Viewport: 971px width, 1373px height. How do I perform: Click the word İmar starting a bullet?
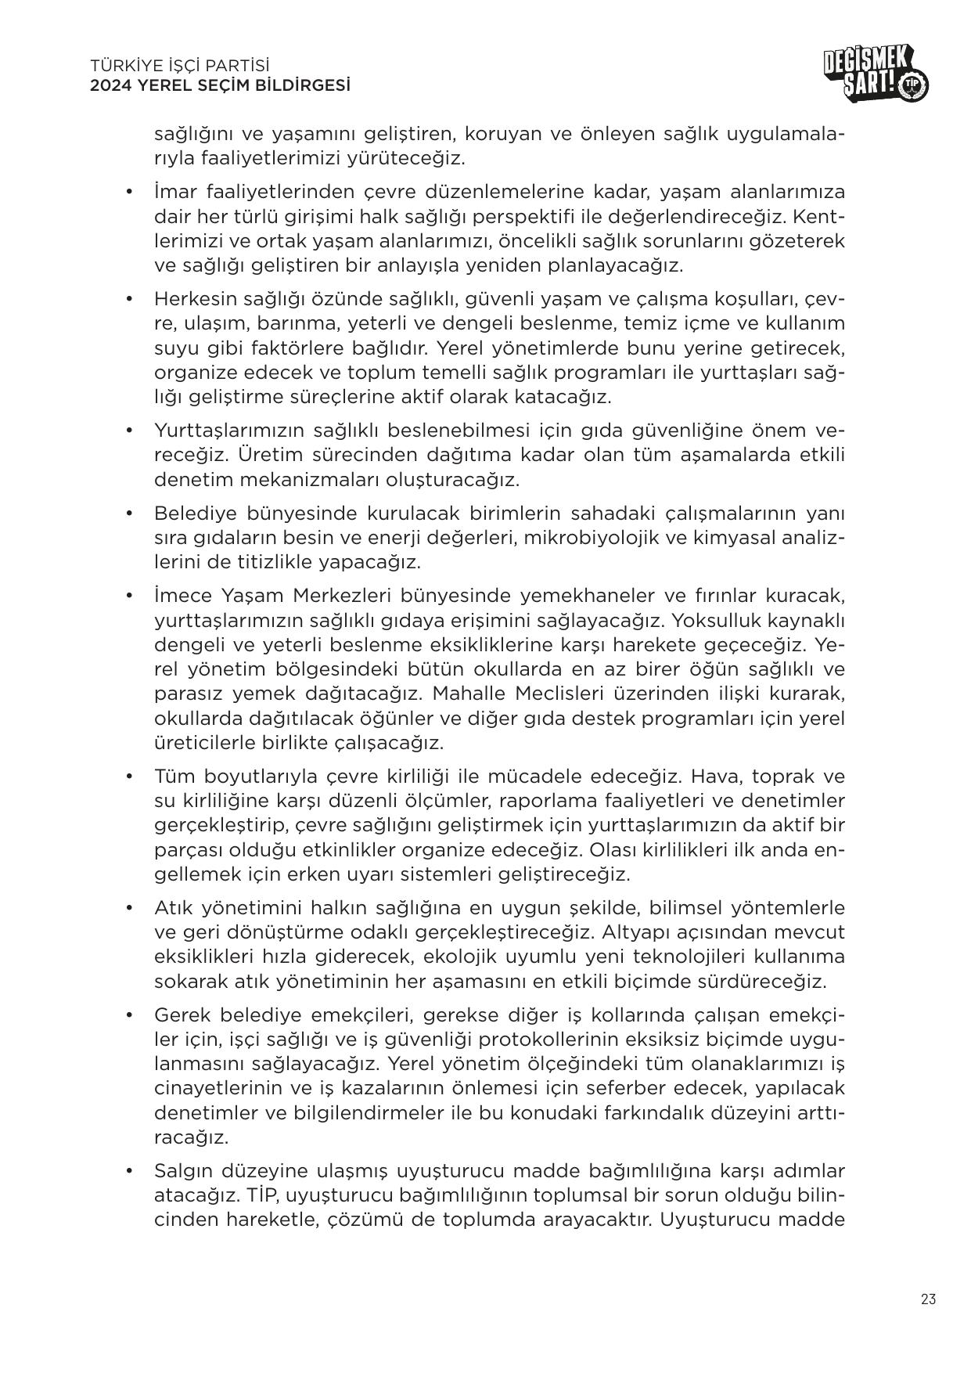click(x=175, y=192)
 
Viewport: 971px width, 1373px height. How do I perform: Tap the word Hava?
click(x=712, y=777)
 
